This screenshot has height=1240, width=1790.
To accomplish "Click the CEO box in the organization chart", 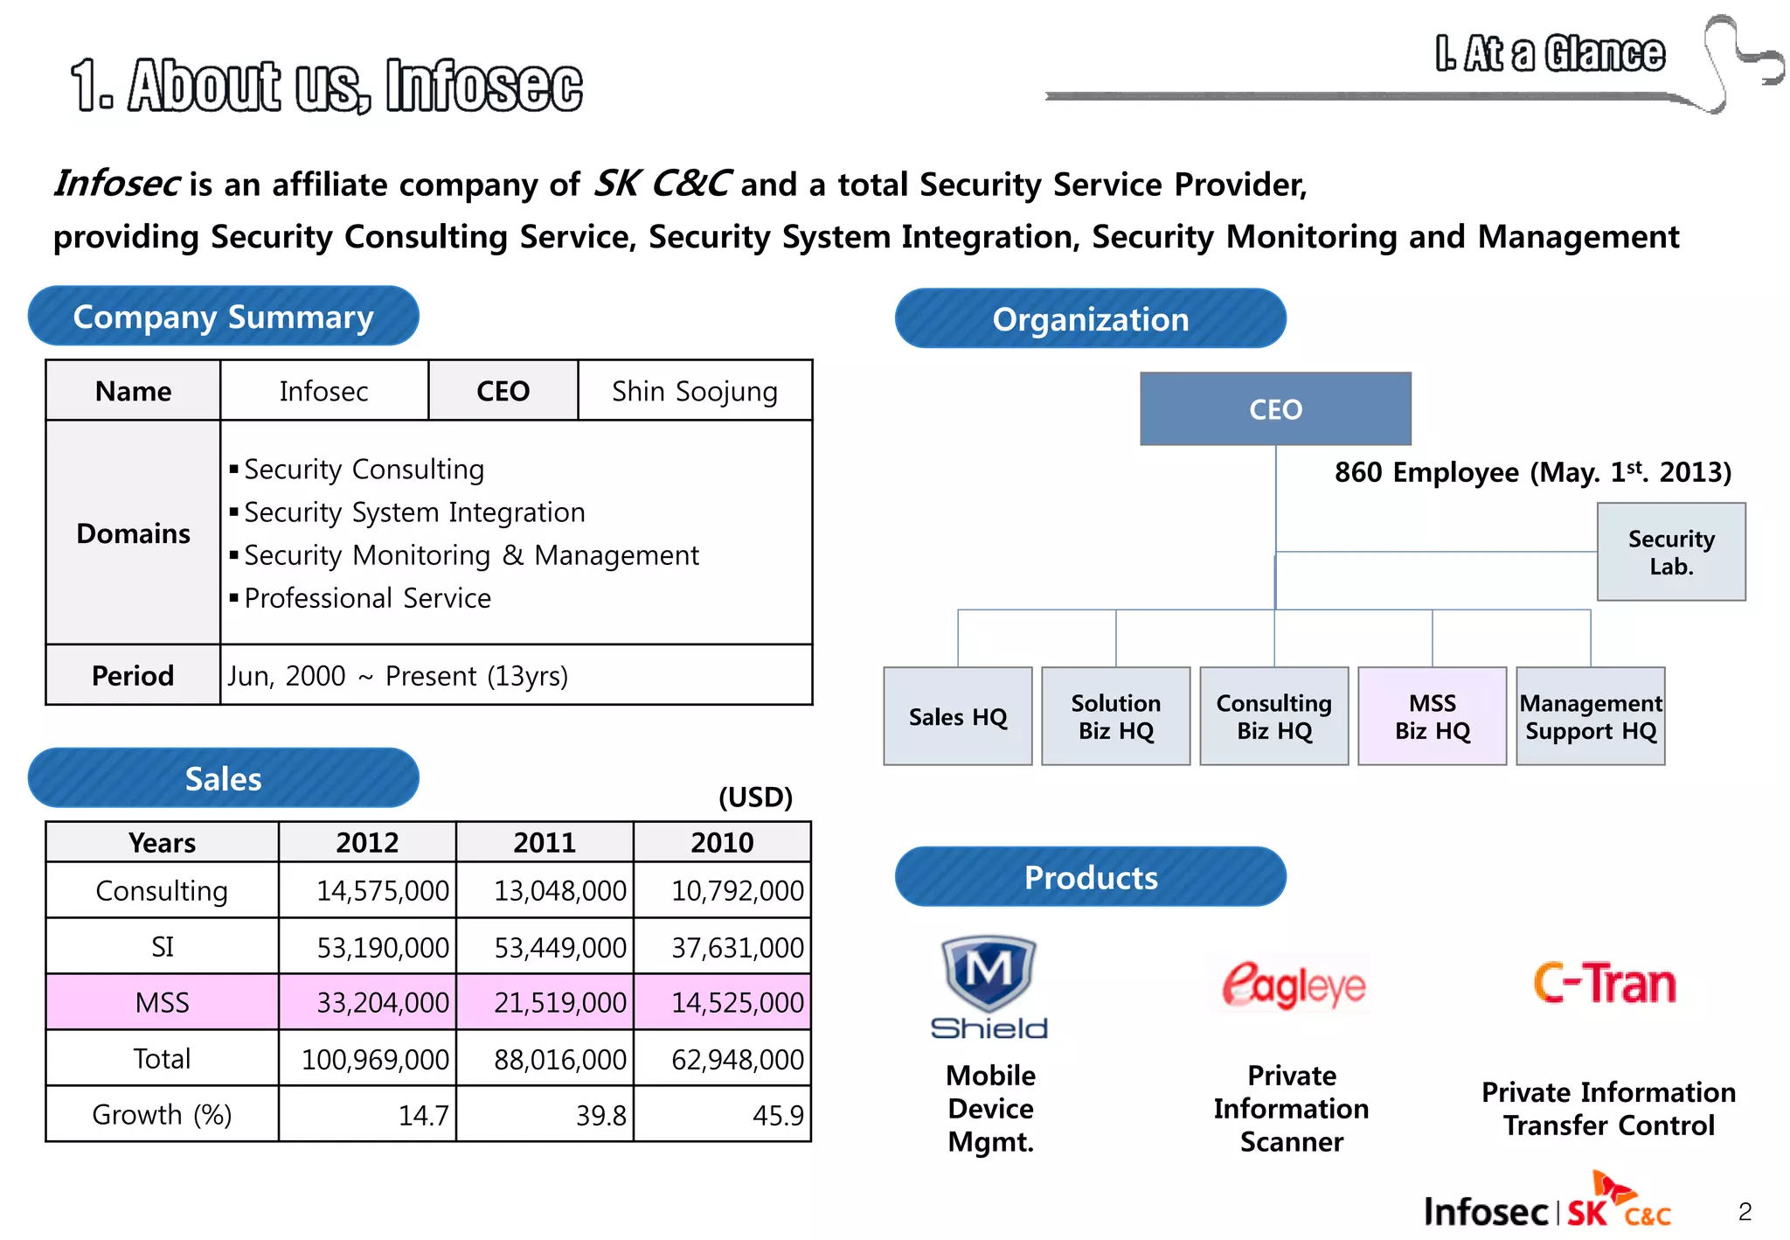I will (x=1274, y=408).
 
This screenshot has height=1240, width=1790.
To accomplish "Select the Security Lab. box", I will (x=1670, y=552).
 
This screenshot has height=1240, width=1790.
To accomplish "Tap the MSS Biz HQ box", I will (x=1432, y=716).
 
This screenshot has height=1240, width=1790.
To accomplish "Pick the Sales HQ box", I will (x=957, y=716).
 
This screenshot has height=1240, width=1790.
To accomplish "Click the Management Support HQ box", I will (x=1590, y=716).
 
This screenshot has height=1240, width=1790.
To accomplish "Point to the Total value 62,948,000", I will (x=736, y=1059).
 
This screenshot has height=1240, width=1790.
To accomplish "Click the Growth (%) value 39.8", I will (x=600, y=1115).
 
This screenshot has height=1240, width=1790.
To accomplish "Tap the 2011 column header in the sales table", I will (x=544, y=842).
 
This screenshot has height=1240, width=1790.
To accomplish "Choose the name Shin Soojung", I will (x=694, y=391).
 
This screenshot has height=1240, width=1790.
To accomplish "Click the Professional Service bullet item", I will (x=367, y=598).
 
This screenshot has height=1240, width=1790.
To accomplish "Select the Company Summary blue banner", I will (x=223, y=317).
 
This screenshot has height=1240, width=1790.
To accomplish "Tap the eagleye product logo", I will (x=1293, y=986).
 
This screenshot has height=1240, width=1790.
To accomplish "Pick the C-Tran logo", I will (x=1605, y=983).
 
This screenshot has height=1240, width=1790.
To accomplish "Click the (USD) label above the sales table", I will (x=755, y=797).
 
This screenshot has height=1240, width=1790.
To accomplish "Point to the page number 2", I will (x=1745, y=1211).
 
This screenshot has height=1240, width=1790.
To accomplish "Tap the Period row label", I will (x=133, y=675).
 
